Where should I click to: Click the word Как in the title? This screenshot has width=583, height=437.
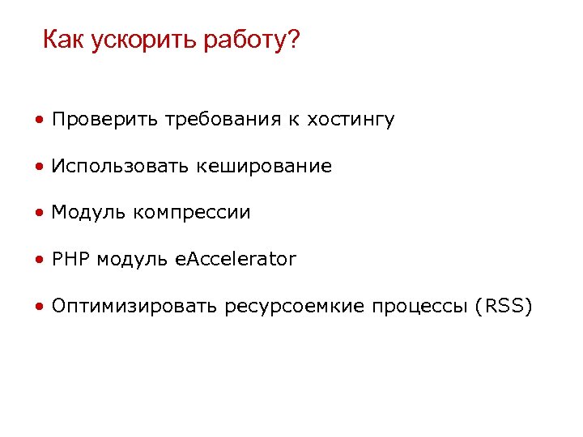[x=64, y=39]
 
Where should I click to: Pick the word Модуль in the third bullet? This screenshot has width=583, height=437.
[x=88, y=213]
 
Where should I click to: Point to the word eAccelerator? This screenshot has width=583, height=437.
[x=236, y=259]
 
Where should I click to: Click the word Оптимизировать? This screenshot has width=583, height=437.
[x=135, y=306]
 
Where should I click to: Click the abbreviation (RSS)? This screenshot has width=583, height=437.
[x=504, y=306]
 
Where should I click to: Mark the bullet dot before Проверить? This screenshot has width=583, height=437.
[x=39, y=121]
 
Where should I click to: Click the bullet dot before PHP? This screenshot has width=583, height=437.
[x=39, y=261]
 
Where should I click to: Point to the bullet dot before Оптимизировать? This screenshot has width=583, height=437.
[x=39, y=308]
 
